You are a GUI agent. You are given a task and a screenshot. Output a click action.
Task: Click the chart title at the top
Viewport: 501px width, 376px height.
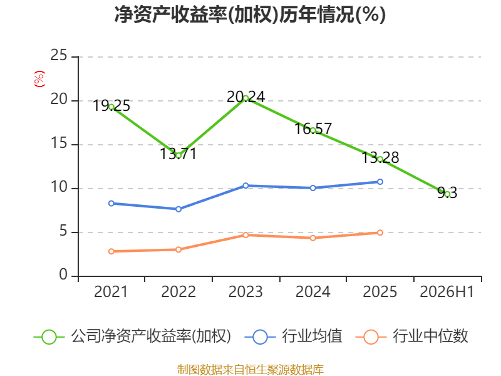click(250, 14)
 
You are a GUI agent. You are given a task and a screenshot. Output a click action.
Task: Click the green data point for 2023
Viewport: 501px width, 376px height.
click(245, 98)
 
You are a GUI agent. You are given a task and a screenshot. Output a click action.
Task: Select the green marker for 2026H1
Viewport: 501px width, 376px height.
click(447, 194)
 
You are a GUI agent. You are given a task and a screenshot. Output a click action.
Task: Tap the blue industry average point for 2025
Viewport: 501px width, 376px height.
click(380, 182)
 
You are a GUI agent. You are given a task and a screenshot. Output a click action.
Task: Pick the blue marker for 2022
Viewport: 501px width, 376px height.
click(178, 209)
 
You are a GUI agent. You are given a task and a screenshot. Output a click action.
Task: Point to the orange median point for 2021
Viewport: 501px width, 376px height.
click(111, 251)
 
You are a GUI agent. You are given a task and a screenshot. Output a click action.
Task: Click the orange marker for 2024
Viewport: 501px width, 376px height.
click(312, 238)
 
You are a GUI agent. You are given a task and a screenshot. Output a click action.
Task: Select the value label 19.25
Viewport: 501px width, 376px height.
click(111, 106)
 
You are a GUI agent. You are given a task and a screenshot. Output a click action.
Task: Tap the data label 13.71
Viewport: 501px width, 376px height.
click(178, 154)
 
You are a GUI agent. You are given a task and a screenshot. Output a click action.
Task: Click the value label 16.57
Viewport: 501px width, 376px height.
click(313, 129)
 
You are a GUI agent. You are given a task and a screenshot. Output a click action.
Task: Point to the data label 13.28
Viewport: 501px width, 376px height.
click(380, 158)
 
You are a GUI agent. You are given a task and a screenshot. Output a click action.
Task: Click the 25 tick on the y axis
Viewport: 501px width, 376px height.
click(59, 55)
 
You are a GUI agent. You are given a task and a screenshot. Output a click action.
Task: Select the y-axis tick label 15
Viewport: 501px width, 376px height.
click(59, 143)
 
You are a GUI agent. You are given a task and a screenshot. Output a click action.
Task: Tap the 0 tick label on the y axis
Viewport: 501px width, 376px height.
click(63, 274)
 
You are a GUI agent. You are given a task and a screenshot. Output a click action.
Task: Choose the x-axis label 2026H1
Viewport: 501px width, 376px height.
click(447, 292)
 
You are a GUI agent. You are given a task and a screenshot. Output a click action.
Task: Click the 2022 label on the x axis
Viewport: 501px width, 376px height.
click(178, 292)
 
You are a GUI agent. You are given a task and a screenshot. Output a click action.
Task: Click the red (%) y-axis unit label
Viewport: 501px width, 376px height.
click(39, 79)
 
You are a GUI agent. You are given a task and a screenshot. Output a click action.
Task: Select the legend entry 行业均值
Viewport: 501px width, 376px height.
click(293, 337)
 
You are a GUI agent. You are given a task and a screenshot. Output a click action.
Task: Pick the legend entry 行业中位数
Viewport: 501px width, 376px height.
click(411, 337)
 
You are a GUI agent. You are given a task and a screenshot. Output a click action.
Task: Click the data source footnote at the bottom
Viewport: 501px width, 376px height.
click(250, 370)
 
